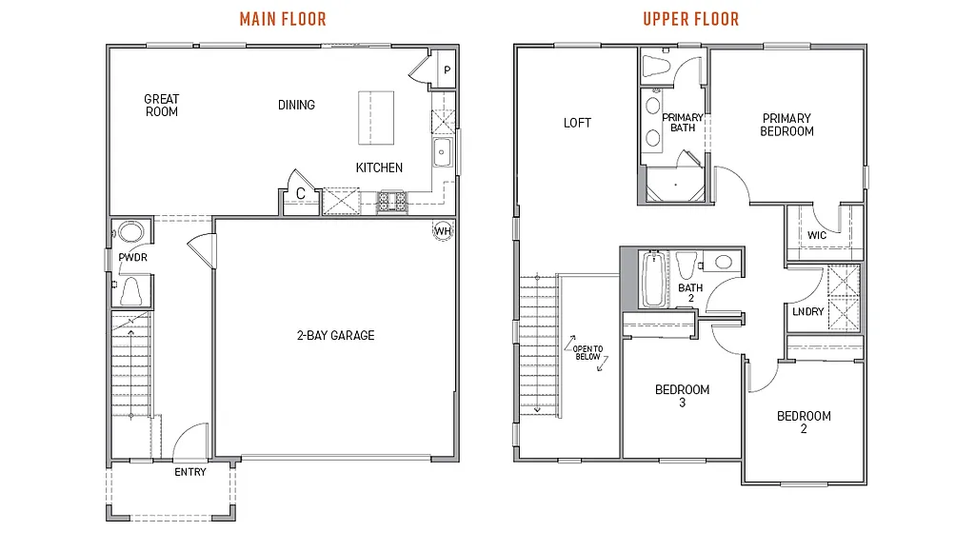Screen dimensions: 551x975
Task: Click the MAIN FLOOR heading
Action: [283, 19]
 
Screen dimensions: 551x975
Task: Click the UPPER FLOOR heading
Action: [690, 19]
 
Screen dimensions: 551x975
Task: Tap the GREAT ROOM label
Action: [161, 106]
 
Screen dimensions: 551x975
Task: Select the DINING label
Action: [296, 105]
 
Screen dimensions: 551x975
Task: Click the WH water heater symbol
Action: [443, 230]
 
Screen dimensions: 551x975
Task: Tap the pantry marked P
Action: [446, 71]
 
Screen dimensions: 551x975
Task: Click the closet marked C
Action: [300, 193]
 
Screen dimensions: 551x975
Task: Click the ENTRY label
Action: [189, 472]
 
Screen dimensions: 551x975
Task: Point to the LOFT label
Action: [577, 123]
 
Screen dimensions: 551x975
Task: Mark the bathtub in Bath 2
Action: [653, 279]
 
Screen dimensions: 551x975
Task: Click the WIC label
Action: [816, 235]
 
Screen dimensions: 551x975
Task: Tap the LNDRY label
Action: [807, 312]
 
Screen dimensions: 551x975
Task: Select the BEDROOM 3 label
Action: [682, 396]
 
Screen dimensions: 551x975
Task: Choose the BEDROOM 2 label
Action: [804, 423]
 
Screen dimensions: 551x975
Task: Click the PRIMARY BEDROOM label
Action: [786, 125]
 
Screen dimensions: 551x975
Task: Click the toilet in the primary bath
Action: [657, 66]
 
